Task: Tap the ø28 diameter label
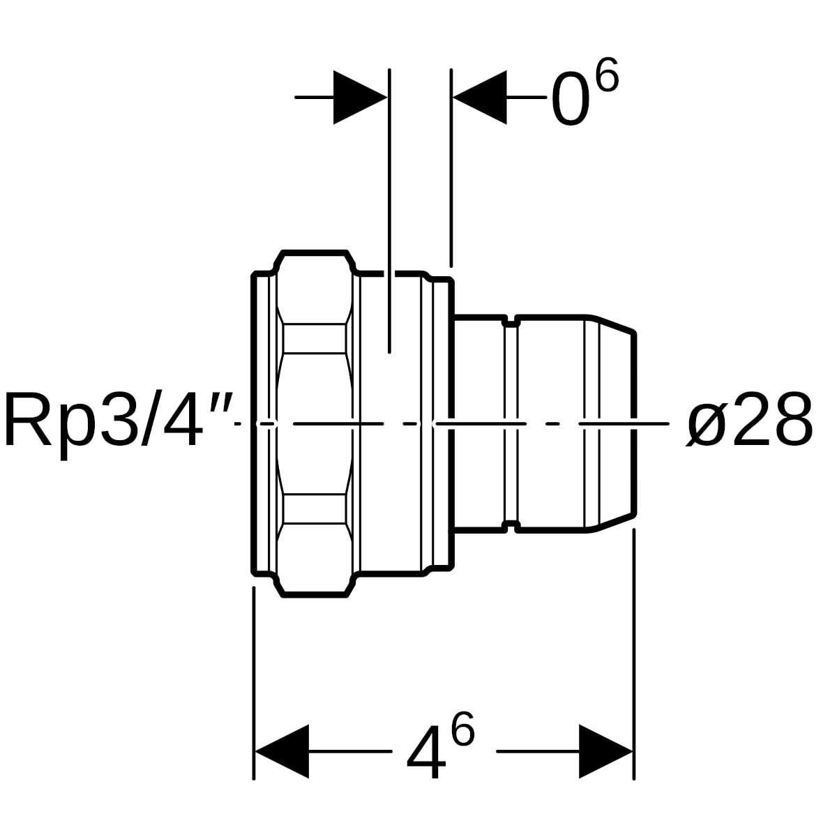pyautogui.click(x=750, y=419)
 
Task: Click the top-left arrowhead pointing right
pyautogui.click(x=360, y=97)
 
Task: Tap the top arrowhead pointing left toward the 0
pyautogui.click(x=479, y=97)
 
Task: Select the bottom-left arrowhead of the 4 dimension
pyautogui.click(x=282, y=751)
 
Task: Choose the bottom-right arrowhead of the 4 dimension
pyautogui.click(x=605, y=751)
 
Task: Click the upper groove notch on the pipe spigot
pyautogui.click(x=511, y=322)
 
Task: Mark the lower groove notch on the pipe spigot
pyautogui.click(x=511, y=527)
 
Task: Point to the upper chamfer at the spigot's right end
pyautogui.click(x=613, y=325)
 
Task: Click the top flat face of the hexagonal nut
pyautogui.click(x=315, y=252)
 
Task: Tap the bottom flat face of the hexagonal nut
pyautogui.click(x=315, y=596)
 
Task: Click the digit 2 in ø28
pyautogui.click(x=753, y=418)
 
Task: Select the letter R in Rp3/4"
pyautogui.click(x=29, y=418)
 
